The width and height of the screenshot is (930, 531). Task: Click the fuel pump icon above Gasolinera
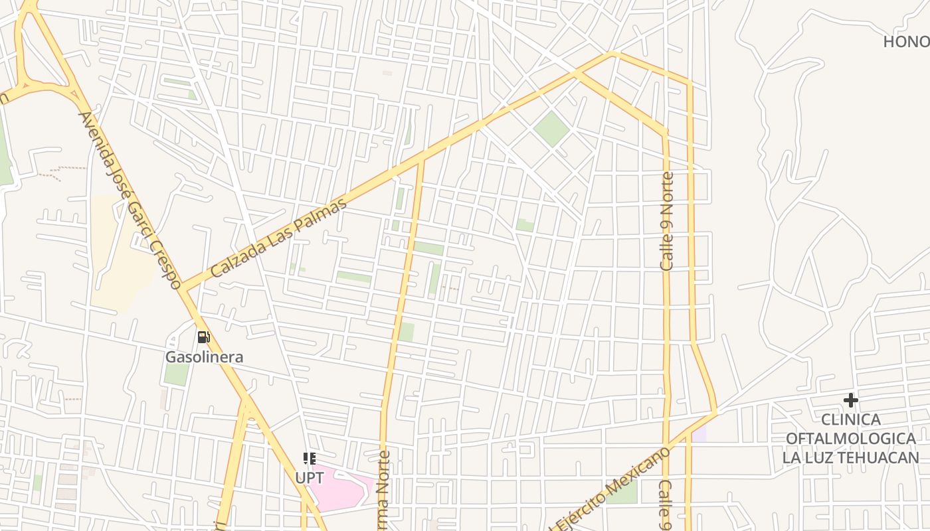[203, 337]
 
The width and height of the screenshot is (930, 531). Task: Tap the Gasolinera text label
[204, 357]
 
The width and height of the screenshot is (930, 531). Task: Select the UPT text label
[310, 477]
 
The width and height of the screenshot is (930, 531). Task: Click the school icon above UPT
[310, 459]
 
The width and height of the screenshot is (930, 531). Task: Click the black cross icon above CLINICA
[851, 400]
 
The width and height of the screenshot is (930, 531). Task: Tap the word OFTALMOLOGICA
[850, 439]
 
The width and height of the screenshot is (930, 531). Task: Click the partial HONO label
[906, 42]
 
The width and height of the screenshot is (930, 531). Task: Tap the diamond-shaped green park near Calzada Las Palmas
[551, 129]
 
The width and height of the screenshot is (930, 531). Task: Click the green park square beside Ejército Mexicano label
[623, 491]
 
